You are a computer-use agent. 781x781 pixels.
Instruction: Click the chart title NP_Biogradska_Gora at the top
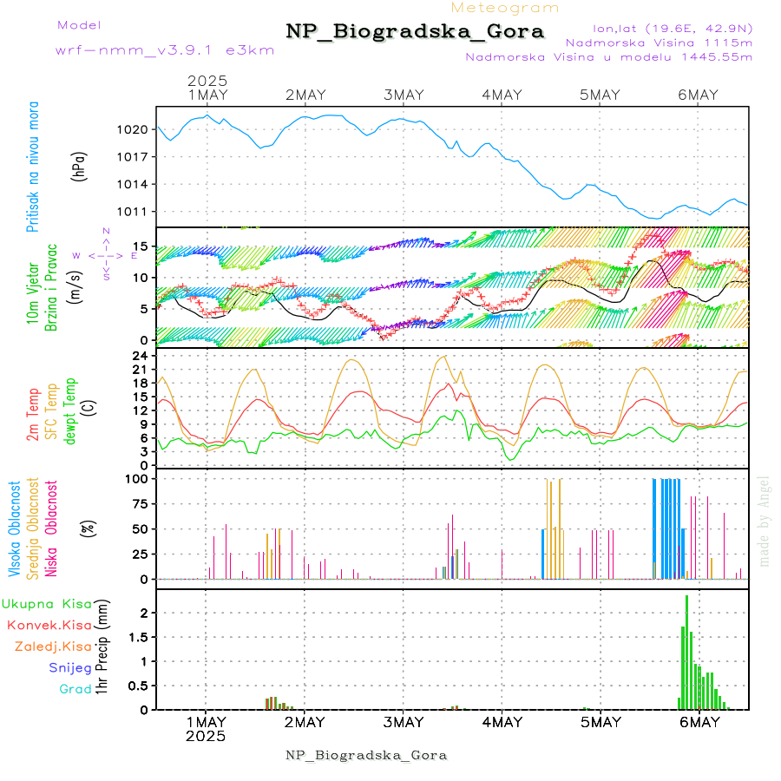(x=415, y=32)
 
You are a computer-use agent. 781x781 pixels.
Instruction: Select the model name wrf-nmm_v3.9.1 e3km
(x=165, y=49)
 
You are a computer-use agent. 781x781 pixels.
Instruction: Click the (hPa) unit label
(x=81, y=166)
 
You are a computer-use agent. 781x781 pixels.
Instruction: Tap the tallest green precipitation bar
(x=687, y=651)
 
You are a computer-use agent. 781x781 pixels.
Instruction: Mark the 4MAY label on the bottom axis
(x=502, y=722)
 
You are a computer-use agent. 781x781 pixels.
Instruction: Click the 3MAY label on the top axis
(x=403, y=95)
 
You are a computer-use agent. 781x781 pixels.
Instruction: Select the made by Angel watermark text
(x=765, y=521)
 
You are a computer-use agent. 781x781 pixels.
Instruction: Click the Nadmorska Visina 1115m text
(x=659, y=42)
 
